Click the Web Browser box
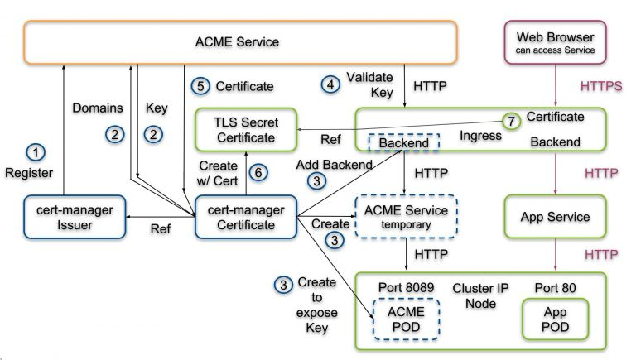coord(555,43)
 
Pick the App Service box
coord(555,217)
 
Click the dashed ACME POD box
coord(406,318)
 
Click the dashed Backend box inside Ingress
coord(403,143)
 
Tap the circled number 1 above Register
coord(36,151)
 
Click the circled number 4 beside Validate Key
coord(331,84)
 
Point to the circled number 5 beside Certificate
coord(199,85)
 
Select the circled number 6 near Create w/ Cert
coord(259,172)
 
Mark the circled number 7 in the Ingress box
coord(512,122)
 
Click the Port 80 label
coord(555,287)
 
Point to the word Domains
coord(98,108)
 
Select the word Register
coord(29,173)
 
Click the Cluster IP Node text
coord(480,295)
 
